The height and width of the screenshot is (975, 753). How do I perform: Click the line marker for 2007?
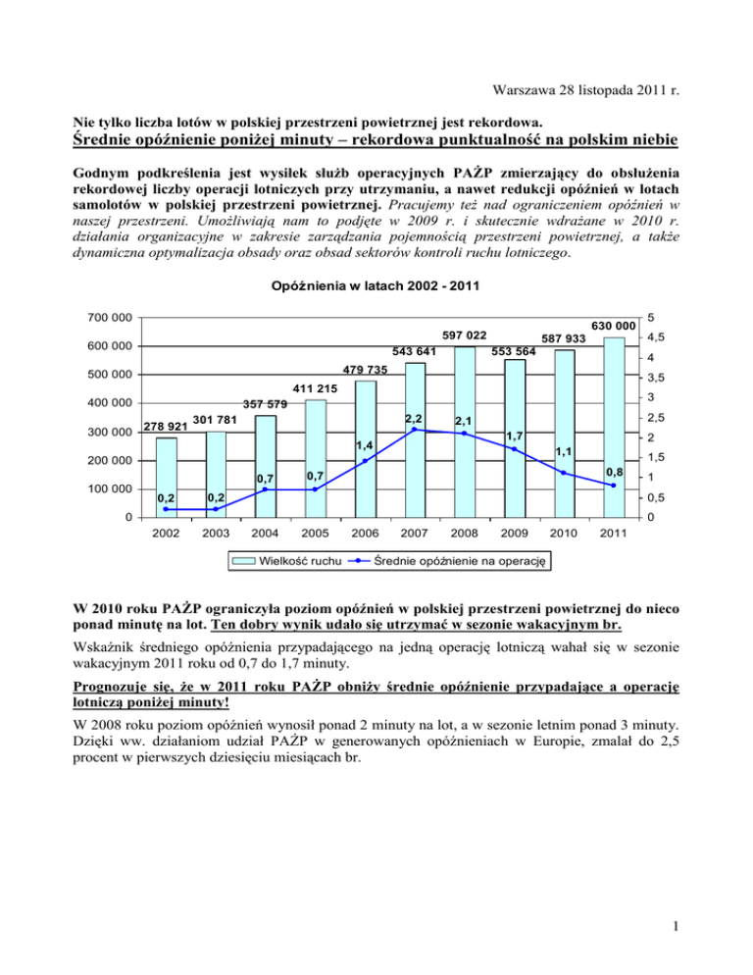coord(415,429)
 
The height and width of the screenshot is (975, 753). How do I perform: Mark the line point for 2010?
coord(564,473)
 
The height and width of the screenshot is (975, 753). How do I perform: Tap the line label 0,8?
coord(615,472)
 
